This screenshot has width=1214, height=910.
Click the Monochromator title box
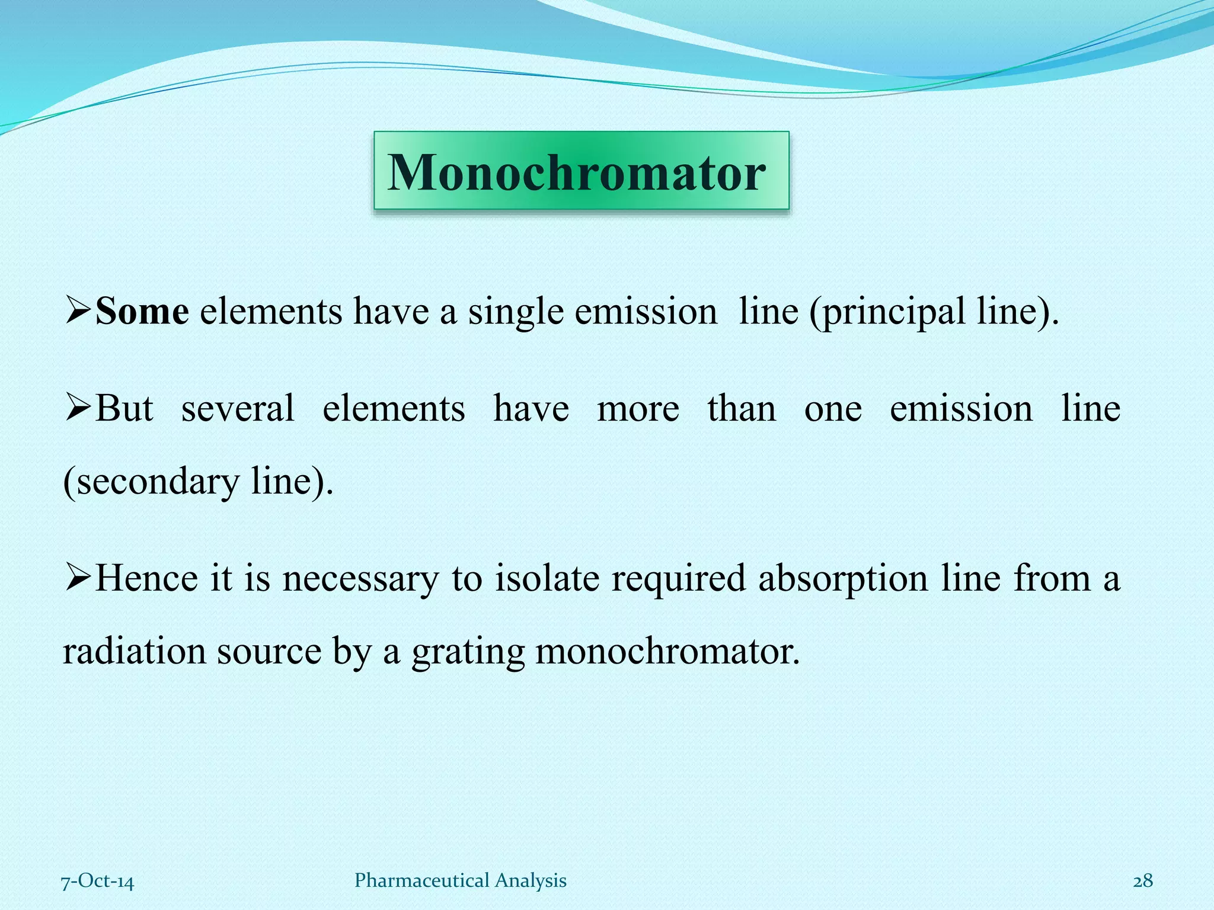point(581,171)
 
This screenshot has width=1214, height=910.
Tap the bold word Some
point(142,311)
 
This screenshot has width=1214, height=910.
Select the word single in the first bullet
point(516,312)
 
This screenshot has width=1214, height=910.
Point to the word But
point(124,408)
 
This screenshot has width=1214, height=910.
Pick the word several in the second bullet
point(238,408)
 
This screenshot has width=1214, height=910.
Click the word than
point(742,408)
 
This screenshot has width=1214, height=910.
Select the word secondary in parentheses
point(157,481)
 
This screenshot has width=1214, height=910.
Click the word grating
point(468,652)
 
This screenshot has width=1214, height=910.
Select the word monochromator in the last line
point(667,651)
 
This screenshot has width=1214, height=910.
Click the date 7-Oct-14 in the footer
point(98,881)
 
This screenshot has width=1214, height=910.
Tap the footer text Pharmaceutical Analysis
point(461,880)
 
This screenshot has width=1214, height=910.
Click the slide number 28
point(1143,881)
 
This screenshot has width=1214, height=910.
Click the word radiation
point(134,651)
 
